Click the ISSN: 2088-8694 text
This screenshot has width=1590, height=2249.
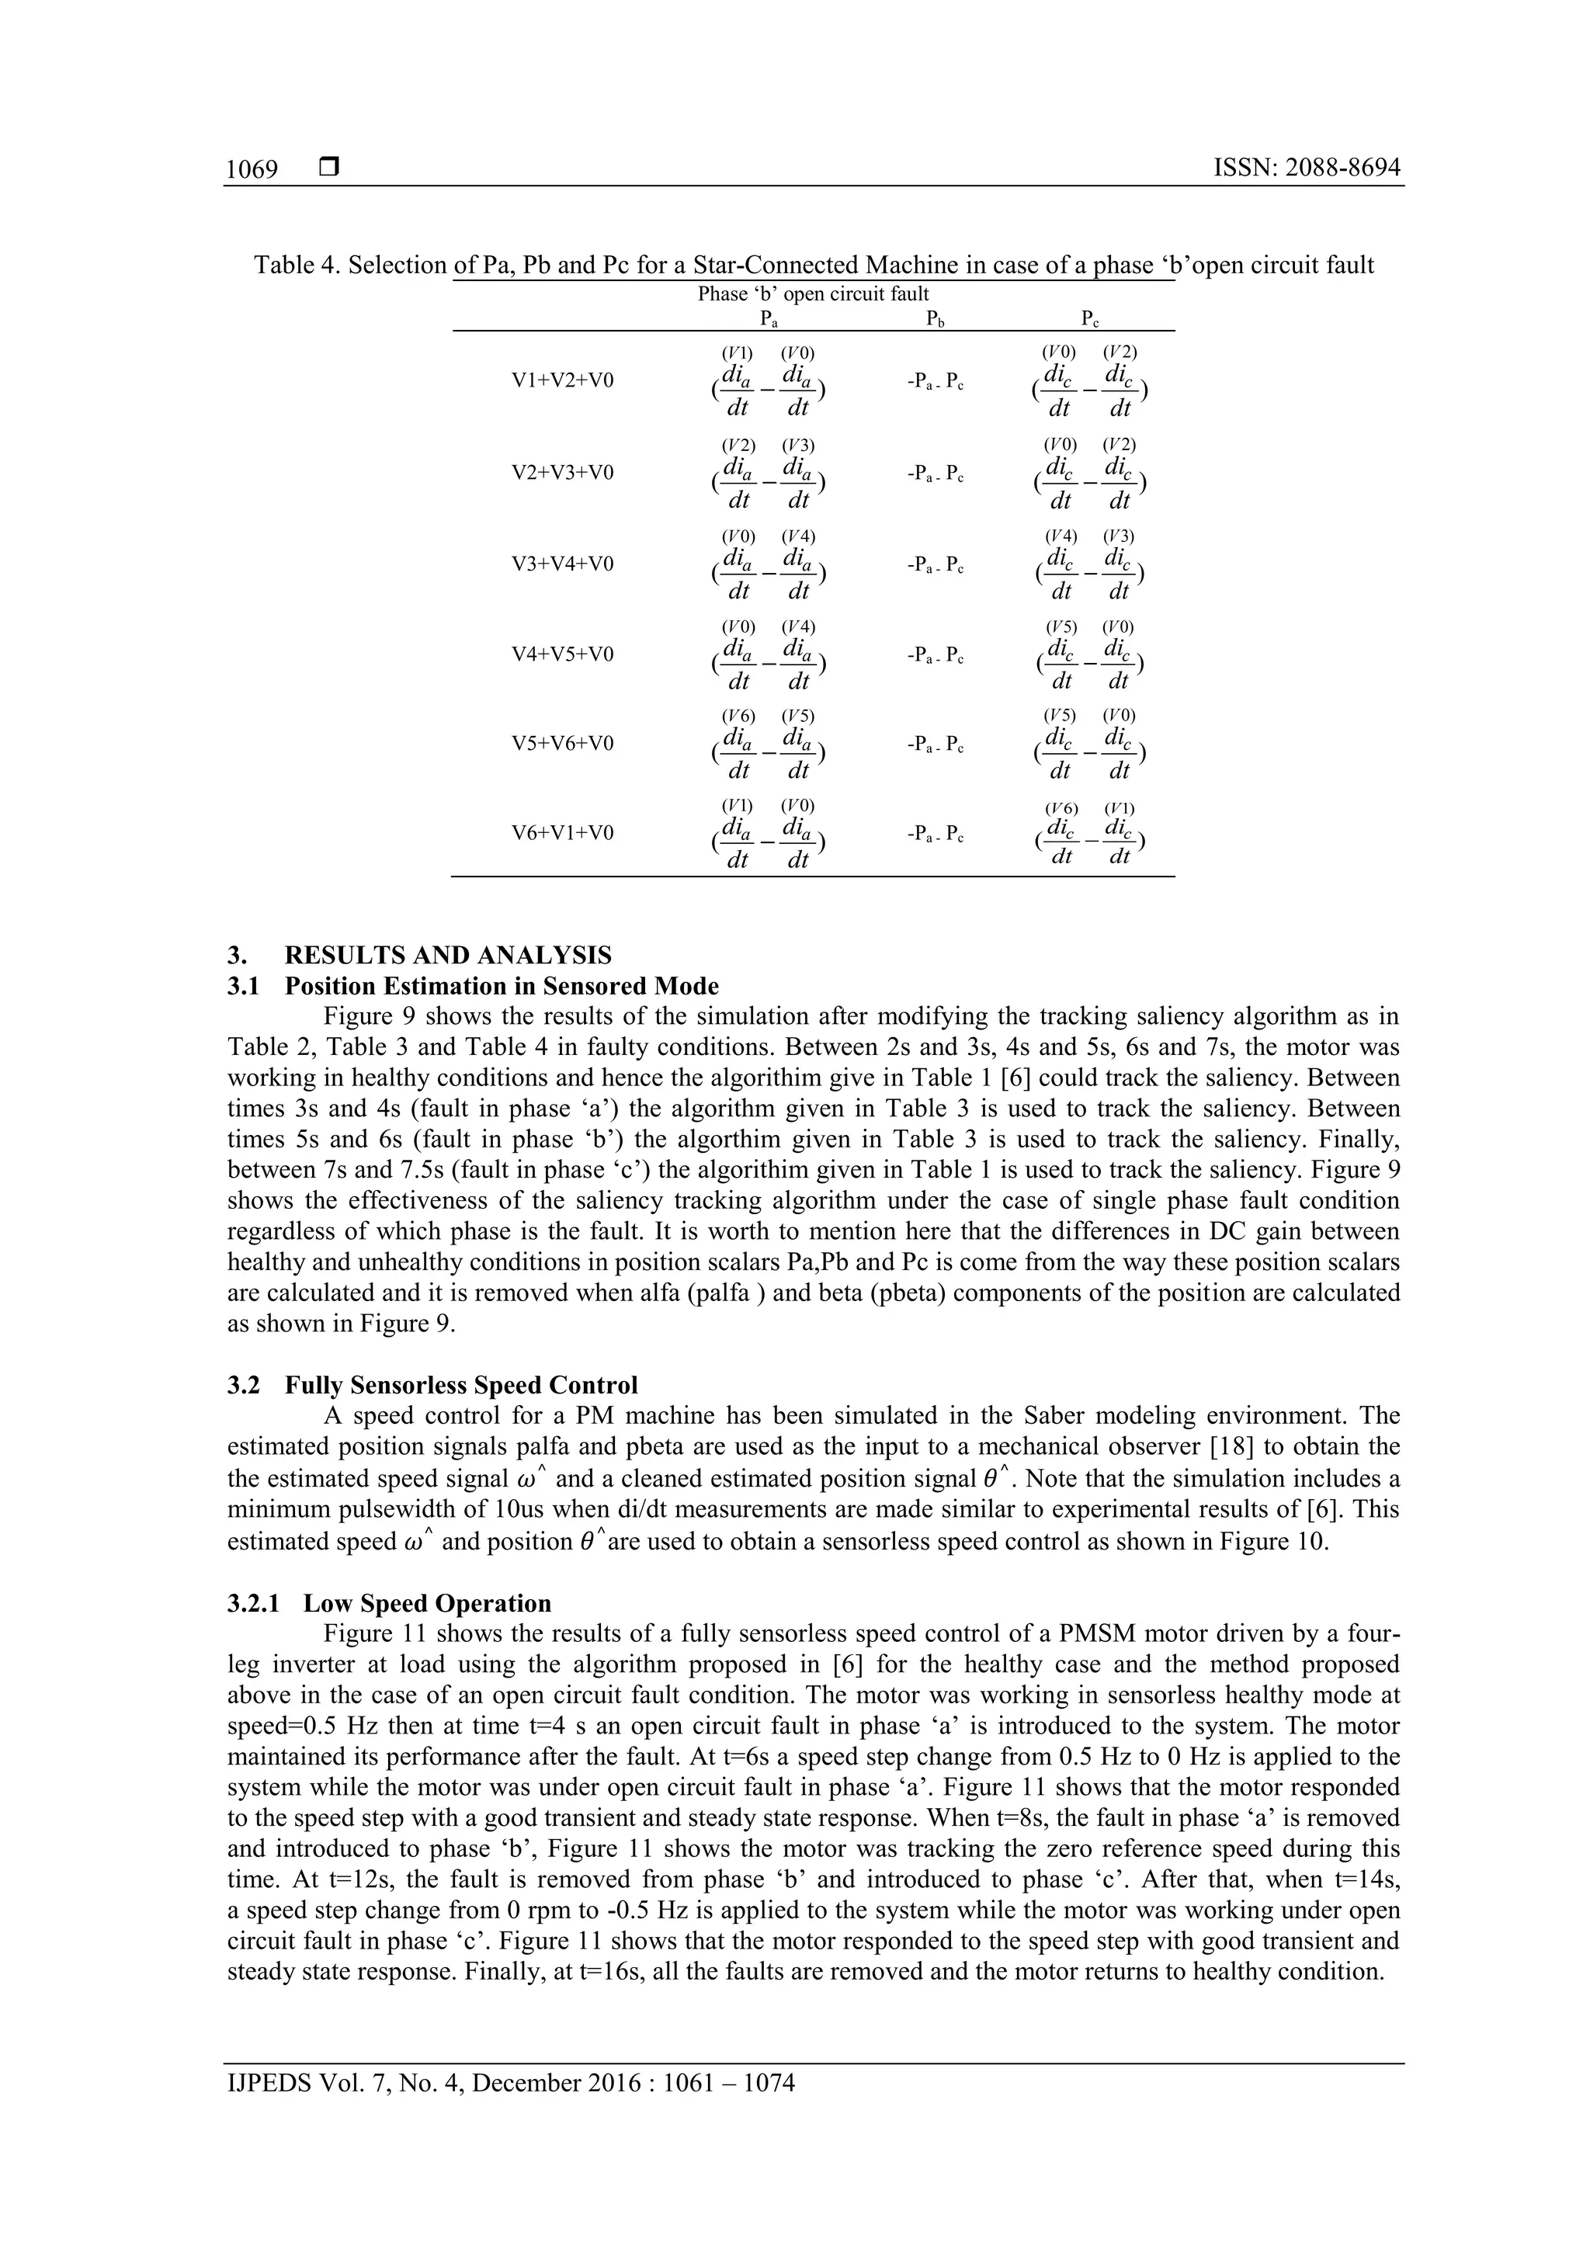pyautogui.click(x=1306, y=168)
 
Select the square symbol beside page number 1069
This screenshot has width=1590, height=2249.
pyautogui.click(x=329, y=168)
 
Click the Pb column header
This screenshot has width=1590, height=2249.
pyautogui.click(x=935, y=318)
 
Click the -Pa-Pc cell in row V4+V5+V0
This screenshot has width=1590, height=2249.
pyautogui.click(x=936, y=655)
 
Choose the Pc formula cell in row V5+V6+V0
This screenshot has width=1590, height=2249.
pyautogui.click(x=1090, y=744)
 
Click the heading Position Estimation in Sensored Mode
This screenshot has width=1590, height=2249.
pyautogui.click(x=502, y=987)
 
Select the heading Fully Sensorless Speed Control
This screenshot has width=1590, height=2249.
pyautogui.click(x=460, y=1385)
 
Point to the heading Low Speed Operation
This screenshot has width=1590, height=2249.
pyautogui.click(x=426, y=1604)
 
